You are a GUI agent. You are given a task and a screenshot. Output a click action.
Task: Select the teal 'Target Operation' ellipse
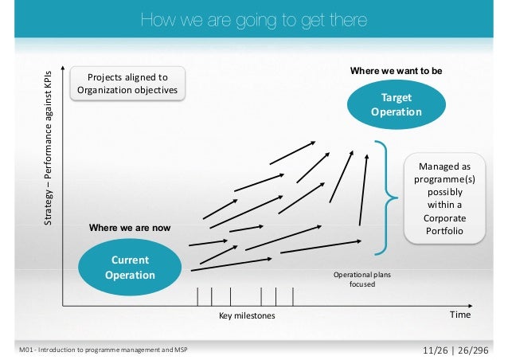pos(396,105)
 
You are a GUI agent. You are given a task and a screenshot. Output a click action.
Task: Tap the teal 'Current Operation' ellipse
pos(127,268)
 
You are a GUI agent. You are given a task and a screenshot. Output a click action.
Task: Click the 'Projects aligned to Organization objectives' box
pos(128,84)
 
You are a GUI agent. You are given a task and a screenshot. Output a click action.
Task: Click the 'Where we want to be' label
pos(396,71)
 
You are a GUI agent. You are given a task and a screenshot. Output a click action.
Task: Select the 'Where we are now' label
pos(129,228)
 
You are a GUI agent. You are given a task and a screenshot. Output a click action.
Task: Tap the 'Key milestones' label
pos(246,315)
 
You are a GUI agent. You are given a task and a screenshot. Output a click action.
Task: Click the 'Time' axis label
pos(460,315)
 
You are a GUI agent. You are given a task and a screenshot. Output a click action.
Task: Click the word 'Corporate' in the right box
pos(444,217)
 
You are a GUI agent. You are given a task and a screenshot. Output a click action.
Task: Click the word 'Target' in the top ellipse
pos(396,98)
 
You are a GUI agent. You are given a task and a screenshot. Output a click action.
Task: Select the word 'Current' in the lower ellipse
pos(128,260)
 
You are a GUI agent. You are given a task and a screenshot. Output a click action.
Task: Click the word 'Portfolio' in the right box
pos(444,231)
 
